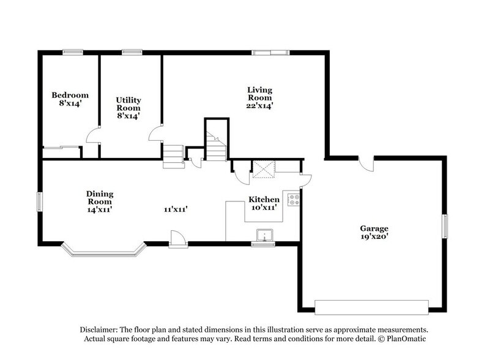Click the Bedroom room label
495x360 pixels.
(70, 95)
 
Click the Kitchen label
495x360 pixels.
(264, 200)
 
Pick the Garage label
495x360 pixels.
(374, 228)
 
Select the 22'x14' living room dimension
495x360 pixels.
(259, 105)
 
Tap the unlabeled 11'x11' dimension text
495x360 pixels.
(175, 209)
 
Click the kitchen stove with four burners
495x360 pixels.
(294, 200)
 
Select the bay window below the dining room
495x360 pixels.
(104, 250)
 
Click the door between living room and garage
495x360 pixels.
(366, 164)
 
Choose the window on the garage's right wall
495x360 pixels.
(445, 224)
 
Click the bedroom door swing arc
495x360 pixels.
(92, 135)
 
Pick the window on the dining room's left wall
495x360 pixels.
(40, 201)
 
